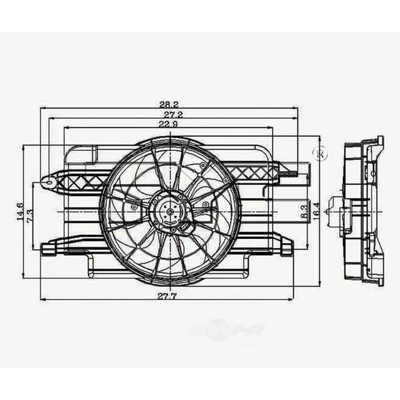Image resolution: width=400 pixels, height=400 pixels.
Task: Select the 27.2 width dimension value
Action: pyautogui.click(x=169, y=115)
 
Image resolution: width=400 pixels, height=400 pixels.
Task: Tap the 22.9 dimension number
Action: pyautogui.click(x=169, y=124)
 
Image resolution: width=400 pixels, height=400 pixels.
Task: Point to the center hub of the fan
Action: pyautogui.click(x=169, y=208)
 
